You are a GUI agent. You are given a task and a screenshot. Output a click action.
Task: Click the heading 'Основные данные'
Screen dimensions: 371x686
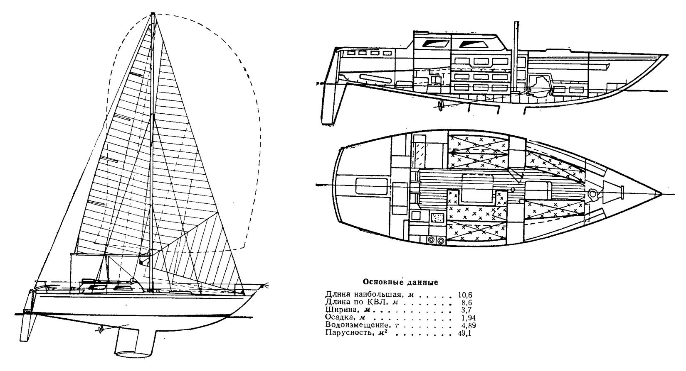click(400, 283)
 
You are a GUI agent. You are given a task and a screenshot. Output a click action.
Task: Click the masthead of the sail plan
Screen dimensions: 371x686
click(153, 15)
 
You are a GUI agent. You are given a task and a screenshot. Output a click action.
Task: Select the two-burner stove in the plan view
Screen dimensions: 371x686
click(435, 239)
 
